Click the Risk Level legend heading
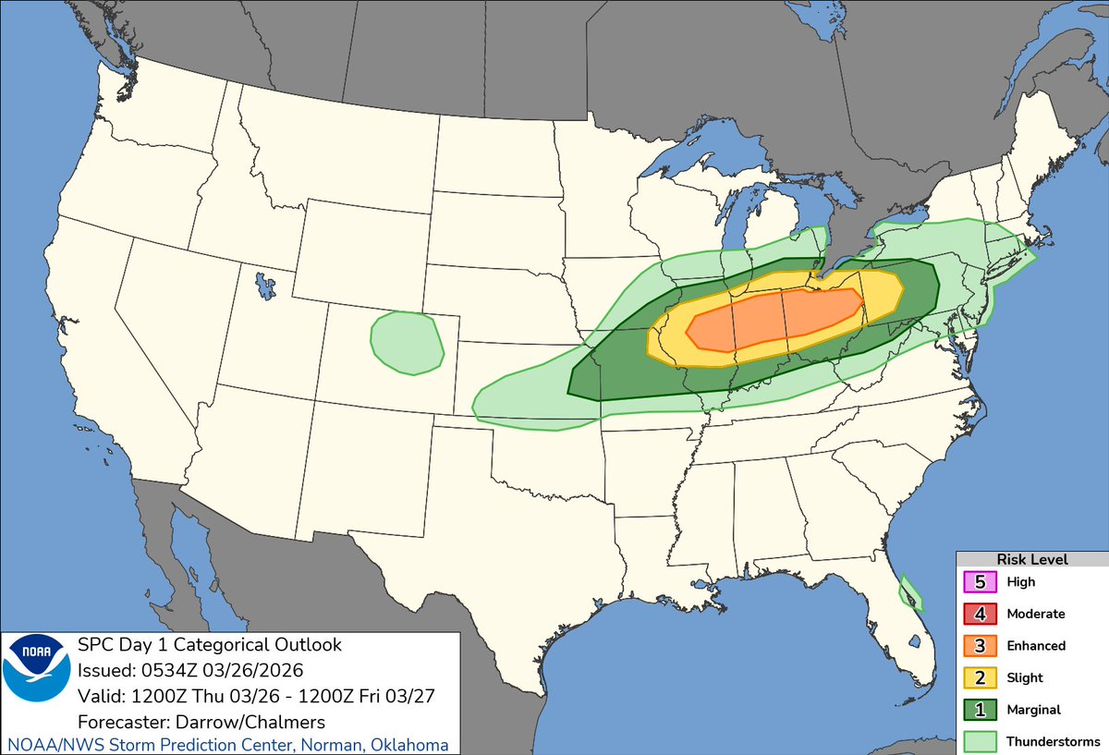coord(1031,559)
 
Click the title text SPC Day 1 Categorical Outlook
coord(210,644)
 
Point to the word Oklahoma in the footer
coord(412,745)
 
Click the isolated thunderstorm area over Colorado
coord(407,343)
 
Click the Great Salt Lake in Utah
coord(266,284)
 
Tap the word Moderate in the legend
coord(1035,614)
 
